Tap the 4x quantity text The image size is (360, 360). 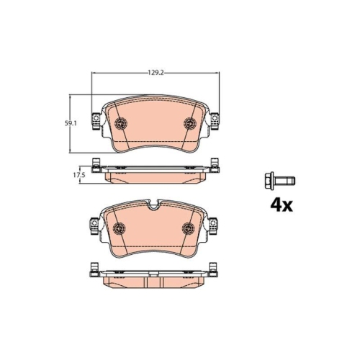click(281, 204)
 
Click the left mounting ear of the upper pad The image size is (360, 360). click(94, 123)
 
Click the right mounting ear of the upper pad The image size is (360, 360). click(214, 123)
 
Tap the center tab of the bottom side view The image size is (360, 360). click(153, 275)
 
